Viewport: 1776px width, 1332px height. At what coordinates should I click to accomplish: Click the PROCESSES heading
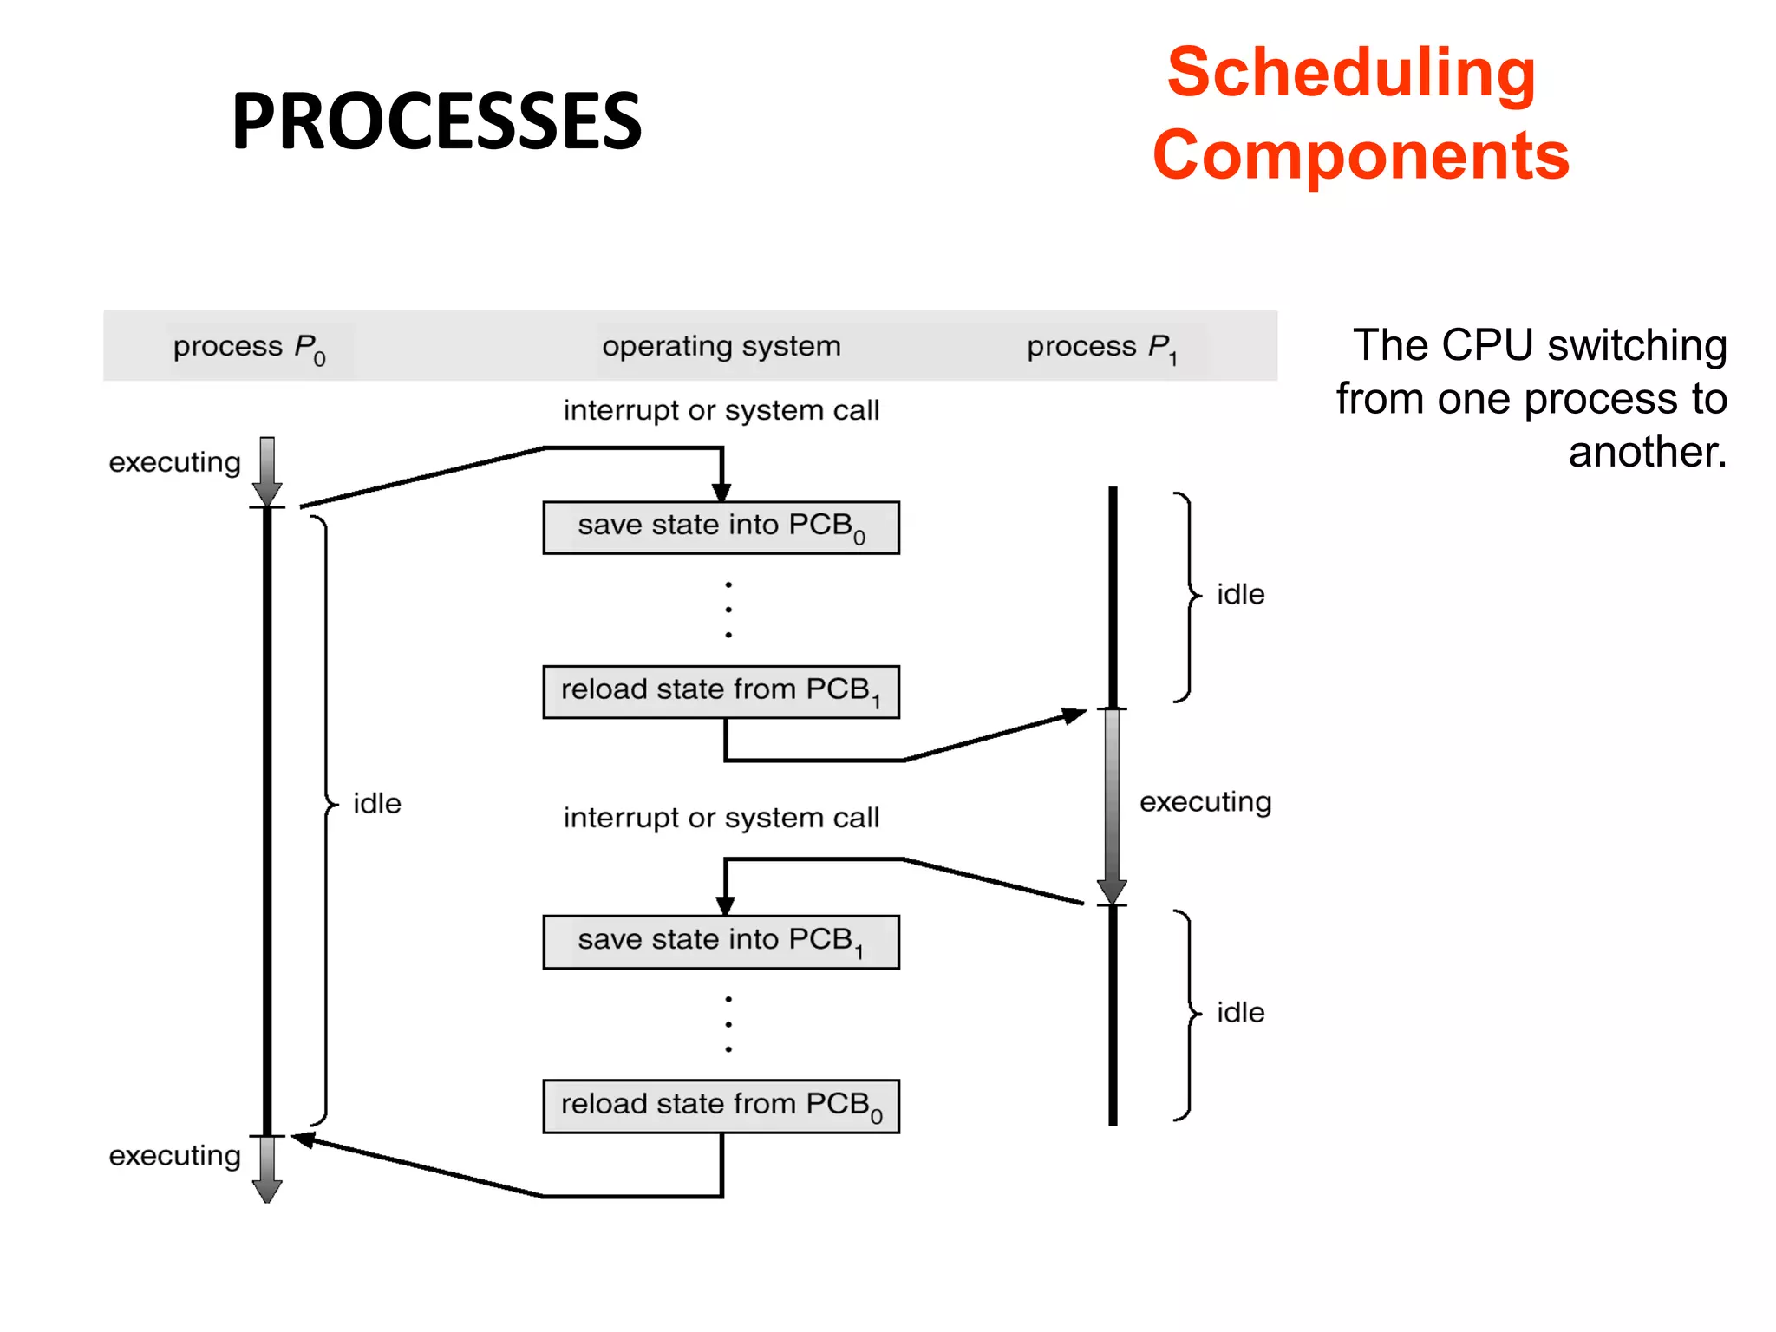(436, 121)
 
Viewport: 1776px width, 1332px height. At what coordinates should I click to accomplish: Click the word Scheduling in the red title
(1351, 73)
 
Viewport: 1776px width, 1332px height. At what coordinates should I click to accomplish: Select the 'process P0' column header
(250, 348)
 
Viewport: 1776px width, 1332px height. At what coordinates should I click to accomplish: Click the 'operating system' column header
(721, 346)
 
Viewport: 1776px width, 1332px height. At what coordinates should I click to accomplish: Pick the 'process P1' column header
(1102, 348)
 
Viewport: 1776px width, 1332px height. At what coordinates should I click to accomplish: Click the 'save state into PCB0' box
(721, 527)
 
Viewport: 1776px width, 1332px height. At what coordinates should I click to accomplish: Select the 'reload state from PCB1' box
(721, 692)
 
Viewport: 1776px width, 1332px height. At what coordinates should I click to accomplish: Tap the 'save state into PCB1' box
(721, 942)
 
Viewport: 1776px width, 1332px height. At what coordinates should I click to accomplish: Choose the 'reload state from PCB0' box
(721, 1106)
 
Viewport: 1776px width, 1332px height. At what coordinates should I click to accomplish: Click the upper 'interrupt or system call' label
(721, 410)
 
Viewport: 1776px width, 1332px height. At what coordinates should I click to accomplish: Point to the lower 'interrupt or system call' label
(721, 818)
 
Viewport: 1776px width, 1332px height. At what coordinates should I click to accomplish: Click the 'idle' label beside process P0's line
(377, 804)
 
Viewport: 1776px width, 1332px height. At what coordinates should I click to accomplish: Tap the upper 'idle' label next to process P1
(1240, 595)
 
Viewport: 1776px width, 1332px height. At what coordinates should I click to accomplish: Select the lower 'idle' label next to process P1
(1240, 1013)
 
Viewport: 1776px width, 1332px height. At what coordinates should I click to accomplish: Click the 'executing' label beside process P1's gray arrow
(1205, 802)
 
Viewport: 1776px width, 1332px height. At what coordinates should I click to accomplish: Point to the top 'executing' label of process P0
(174, 463)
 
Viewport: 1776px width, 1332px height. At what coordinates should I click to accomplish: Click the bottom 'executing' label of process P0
(174, 1156)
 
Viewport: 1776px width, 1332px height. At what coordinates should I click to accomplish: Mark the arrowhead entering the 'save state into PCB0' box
(721, 492)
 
